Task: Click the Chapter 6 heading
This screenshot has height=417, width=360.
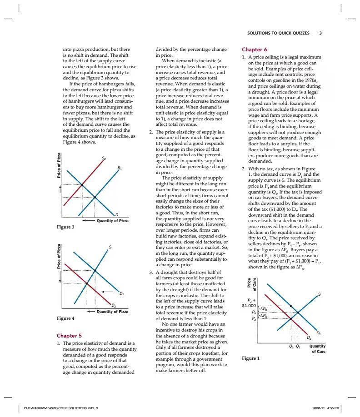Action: point(255,50)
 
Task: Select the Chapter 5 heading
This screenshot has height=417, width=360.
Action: point(70,336)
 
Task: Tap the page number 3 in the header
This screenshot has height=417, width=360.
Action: point(320,33)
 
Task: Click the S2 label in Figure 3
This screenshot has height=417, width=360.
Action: point(104,158)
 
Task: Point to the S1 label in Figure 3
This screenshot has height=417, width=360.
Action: point(120,167)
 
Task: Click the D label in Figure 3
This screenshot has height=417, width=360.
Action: point(116,214)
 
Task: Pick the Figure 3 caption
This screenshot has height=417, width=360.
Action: point(65,227)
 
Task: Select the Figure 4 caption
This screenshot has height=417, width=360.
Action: point(65,318)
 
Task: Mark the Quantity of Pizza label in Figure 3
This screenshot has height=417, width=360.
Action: point(112,221)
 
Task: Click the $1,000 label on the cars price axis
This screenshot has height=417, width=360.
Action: point(249,305)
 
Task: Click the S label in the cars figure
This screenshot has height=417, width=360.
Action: point(319,294)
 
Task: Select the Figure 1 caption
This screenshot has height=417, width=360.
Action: point(250,358)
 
